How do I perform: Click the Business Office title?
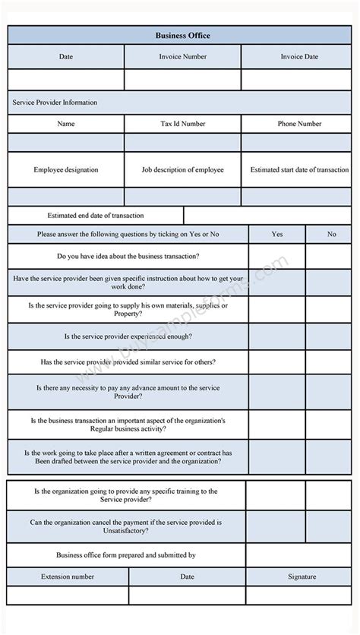click(x=182, y=35)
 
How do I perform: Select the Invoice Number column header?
click(x=182, y=56)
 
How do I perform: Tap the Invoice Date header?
click(x=299, y=56)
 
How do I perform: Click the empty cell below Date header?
click(x=66, y=79)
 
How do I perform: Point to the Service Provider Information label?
click(x=54, y=102)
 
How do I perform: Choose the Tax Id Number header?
click(x=182, y=124)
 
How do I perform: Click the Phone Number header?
click(x=299, y=124)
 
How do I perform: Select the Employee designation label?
click(x=66, y=170)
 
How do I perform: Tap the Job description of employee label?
click(x=182, y=170)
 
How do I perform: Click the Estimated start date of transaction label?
click(x=299, y=170)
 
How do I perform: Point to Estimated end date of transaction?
click(x=96, y=216)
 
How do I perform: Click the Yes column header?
click(x=277, y=234)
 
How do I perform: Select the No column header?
click(x=331, y=234)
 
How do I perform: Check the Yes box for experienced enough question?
click(x=277, y=336)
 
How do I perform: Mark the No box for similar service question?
click(x=331, y=362)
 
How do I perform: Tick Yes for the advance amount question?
click(x=277, y=392)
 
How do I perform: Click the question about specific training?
click(x=126, y=495)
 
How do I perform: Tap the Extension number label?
click(x=68, y=577)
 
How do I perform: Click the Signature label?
click(x=302, y=577)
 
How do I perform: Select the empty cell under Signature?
click(x=302, y=596)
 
